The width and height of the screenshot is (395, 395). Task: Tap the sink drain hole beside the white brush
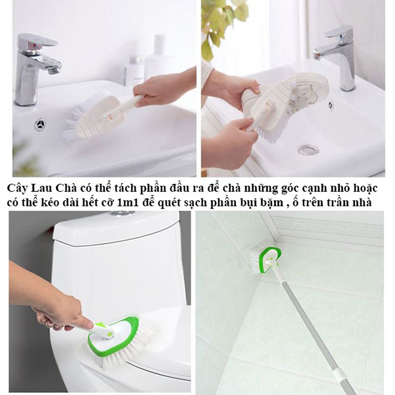coord(40,124)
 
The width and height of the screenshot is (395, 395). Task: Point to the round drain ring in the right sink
coord(308,149)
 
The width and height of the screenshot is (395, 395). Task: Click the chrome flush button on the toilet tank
coord(122,213)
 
